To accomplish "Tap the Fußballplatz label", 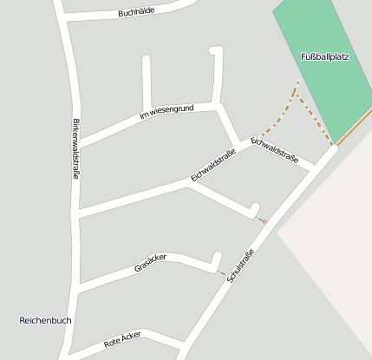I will [x=324, y=56].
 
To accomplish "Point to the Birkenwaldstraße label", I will [x=76, y=149].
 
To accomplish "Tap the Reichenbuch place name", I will [x=45, y=320].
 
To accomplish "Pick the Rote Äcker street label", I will [x=121, y=340].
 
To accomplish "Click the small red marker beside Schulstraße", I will [x=264, y=222].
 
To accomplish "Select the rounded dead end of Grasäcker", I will [x=217, y=257].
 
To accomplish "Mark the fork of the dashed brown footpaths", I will [x=296, y=94].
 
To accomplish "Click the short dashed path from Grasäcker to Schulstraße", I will [x=223, y=273].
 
